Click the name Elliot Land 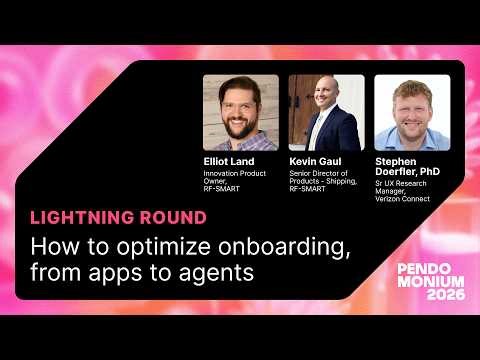coord(228,161)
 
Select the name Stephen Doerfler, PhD coord(407,166)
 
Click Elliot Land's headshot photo coord(240,112)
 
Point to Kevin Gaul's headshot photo coord(326,112)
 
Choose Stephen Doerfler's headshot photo coord(412,112)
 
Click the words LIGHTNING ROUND coord(119,217)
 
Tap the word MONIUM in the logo coord(430,282)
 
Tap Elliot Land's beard coord(240,127)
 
